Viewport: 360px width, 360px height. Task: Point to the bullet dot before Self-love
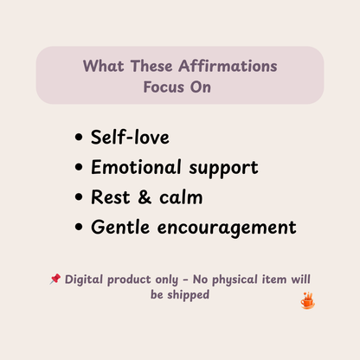coord(80,137)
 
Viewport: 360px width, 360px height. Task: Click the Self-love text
coord(129,137)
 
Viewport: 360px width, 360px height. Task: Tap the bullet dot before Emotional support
coord(80,167)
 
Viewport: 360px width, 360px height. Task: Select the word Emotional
coord(138,167)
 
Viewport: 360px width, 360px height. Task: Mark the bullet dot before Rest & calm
coord(80,197)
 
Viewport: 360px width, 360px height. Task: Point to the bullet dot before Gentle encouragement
coord(80,228)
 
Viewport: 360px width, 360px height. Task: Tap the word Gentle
coord(119,228)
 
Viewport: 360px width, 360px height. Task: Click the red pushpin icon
coord(55,280)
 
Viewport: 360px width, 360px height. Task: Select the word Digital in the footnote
coord(85,280)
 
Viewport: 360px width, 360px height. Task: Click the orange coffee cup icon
coord(306,300)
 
